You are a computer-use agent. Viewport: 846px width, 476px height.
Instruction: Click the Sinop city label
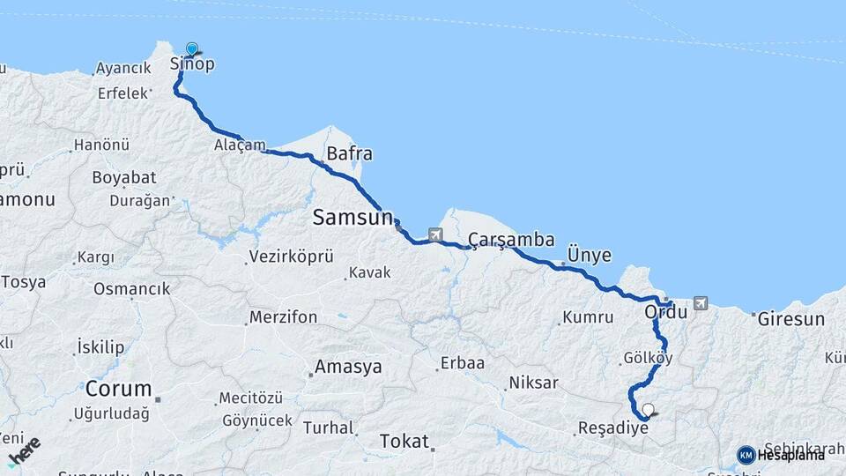click(192, 64)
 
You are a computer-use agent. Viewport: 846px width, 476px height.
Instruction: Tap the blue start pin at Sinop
click(191, 49)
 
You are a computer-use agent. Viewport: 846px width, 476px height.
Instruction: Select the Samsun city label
click(352, 217)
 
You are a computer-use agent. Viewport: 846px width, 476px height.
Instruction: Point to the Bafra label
click(349, 154)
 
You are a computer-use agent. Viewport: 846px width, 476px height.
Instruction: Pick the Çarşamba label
click(511, 240)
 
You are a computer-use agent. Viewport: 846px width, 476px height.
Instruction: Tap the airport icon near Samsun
click(434, 234)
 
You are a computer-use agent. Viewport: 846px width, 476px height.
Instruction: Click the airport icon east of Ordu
click(701, 303)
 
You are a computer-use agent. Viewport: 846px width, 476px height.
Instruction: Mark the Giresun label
click(791, 319)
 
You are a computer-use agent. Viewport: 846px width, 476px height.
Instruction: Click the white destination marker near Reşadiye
click(649, 410)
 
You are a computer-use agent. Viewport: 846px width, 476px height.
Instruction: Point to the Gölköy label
click(648, 359)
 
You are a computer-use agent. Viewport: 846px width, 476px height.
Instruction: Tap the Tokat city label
click(404, 442)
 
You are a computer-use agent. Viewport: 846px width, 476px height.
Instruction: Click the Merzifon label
click(283, 317)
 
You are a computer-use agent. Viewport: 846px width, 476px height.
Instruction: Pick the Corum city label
click(119, 389)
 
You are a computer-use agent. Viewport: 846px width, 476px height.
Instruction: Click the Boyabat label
click(123, 177)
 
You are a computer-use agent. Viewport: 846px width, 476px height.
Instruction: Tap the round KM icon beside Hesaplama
click(746, 455)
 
